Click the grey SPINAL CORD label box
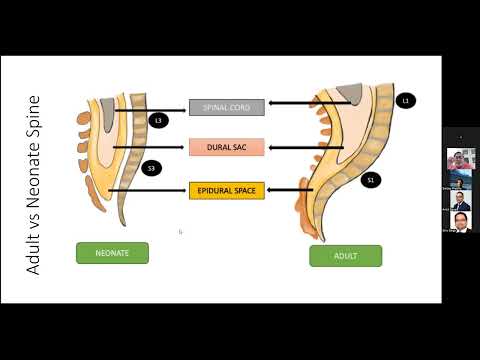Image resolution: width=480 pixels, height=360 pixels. (226, 107)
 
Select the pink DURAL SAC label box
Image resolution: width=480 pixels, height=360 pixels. (226, 147)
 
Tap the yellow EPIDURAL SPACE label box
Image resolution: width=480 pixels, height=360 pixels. (226, 189)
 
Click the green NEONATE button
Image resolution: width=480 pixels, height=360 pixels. (112, 253)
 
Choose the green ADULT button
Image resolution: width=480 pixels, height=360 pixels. (345, 256)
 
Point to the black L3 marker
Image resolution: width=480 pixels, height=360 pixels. (157, 120)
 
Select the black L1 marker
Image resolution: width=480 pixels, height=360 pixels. (405, 100)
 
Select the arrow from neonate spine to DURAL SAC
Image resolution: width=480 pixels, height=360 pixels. (150, 148)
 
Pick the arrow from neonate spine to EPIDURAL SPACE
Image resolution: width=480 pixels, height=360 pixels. (147, 190)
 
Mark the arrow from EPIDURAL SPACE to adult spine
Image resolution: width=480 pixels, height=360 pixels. (290, 189)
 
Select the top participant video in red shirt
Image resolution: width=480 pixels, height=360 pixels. (460, 161)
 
